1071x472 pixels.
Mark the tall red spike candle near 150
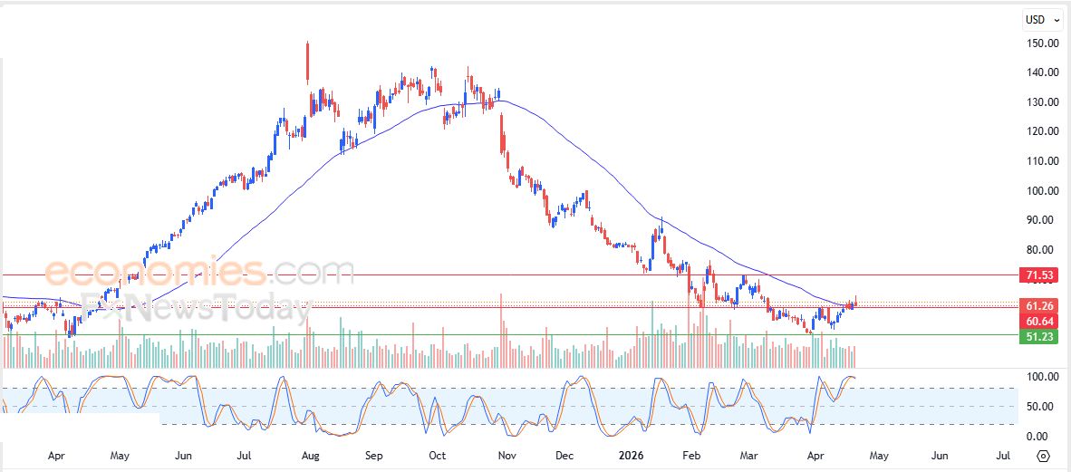pos(308,62)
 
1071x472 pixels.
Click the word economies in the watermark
pos(154,272)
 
